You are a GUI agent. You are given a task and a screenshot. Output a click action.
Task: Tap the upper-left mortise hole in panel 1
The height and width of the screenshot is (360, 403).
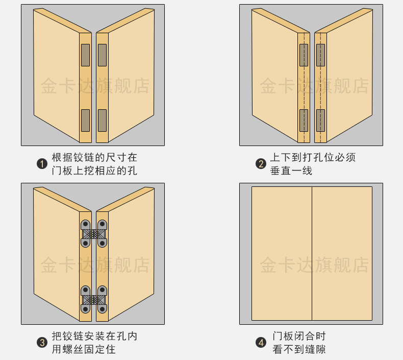tap(85, 55)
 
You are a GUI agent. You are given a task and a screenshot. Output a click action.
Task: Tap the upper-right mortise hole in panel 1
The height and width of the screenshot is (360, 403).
tap(102, 55)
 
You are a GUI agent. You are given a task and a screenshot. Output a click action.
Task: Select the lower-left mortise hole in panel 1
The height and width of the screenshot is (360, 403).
tap(85, 120)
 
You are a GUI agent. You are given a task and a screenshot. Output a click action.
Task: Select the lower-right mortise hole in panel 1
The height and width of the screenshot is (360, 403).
tap(102, 120)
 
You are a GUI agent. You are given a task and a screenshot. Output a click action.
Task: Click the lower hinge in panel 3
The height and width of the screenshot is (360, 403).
tap(94, 299)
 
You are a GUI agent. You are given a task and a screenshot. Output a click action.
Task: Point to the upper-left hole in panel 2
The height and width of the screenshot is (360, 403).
tap(304, 55)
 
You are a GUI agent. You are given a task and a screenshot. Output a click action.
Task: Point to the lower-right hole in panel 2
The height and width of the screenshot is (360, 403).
tap(320, 120)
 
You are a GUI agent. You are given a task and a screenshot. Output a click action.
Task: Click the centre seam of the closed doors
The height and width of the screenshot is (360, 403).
tap(312, 253)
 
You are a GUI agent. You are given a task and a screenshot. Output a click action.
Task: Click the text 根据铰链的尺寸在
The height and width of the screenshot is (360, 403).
tap(94, 157)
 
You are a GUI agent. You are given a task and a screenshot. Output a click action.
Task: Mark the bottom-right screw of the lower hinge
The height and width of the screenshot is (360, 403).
tap(103, 309)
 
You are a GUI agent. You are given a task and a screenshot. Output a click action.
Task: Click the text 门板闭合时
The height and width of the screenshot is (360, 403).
tap(299, 336)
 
